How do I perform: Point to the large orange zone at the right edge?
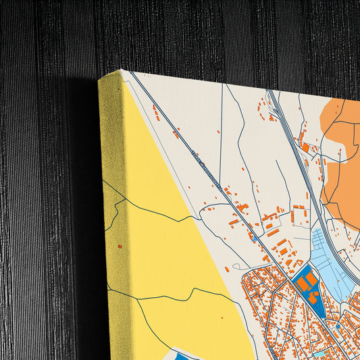point(344,162)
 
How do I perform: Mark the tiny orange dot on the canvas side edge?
point(120,247)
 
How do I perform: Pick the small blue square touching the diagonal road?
point(253,236)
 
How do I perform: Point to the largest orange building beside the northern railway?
point(305,147)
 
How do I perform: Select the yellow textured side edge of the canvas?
point(111,203)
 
